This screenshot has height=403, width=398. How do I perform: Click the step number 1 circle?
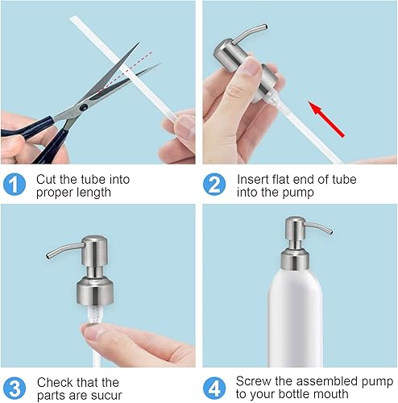(16, 185)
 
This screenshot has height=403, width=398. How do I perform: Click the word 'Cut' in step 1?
(47, 179)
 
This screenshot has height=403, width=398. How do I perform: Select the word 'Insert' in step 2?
(252, 179)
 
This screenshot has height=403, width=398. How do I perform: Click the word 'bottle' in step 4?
(301, 394)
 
